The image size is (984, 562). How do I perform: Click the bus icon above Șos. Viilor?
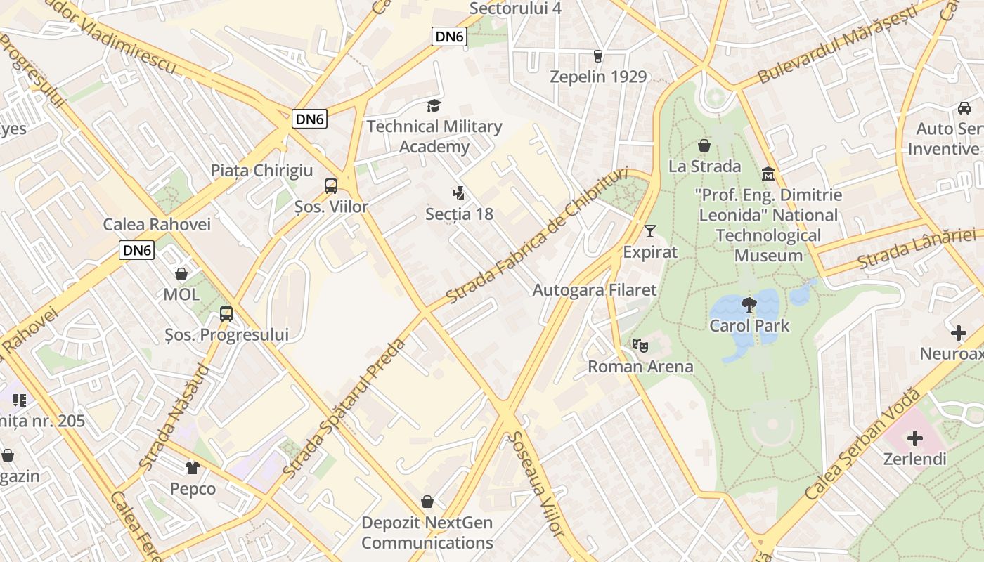331,186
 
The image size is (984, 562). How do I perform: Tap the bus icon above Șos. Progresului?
226,314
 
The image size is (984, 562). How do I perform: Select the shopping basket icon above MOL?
181,274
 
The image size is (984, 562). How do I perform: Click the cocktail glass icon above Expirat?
650,231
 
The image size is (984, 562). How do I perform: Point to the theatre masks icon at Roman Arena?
640,346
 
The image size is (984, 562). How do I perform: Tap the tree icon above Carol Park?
749,305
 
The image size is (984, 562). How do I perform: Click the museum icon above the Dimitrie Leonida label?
768,174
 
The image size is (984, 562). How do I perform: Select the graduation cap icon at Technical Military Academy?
434,106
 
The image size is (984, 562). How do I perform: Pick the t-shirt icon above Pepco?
193,468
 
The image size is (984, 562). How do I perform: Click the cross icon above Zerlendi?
914,439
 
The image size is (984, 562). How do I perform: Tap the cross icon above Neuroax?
959,333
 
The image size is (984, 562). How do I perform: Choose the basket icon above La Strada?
704,145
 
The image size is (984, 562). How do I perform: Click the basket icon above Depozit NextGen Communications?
427,502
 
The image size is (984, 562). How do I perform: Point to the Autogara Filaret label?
595,289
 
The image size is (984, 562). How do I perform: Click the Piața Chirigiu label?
261,171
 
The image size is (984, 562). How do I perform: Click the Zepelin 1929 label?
598,77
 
